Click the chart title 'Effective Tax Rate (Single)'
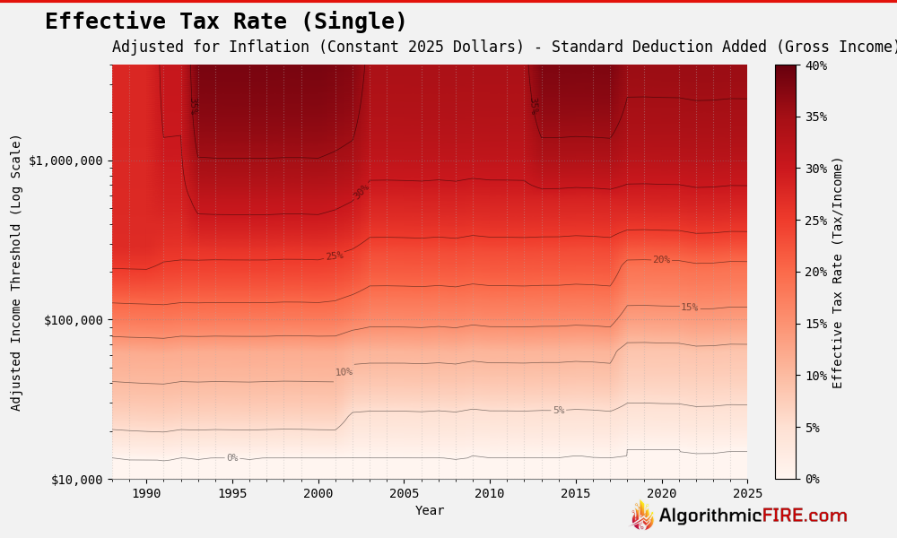pyautogui.click(x=226, y=22)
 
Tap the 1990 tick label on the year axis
pyautogui.click(x=146, y=493)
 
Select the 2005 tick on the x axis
pyautogui.click(x=404, y=493)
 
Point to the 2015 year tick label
pyautogui.click(x=575, y=493)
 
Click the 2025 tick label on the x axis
pyautogui.click(x=746, y=493)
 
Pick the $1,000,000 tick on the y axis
pyautogui.click(x=65, y=161)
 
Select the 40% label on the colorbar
pyautogui.click(x=815, y=65)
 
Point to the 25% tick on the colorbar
pyautogui.click(x=815, y=221)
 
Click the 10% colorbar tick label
pyautogui.click(x=815, y=376)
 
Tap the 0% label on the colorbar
pyautogui.click(x=812, y=479)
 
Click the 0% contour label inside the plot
pyautogui.click(x=232, y=458)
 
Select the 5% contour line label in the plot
pyautogui.click(x=559, y=411)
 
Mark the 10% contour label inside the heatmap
pyautogui.click(x=344, y=372)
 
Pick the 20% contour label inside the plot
pyautogui.click(x=661, y=260)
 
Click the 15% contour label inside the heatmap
pyautogui.click(x=689, y=308)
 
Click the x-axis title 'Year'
pyautogui.click(x=430, y=510)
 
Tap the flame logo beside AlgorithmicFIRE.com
pyautogui.click(x=643, y=516)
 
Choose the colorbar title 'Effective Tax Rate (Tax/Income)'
pyautogui.click(x=838, y=272)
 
